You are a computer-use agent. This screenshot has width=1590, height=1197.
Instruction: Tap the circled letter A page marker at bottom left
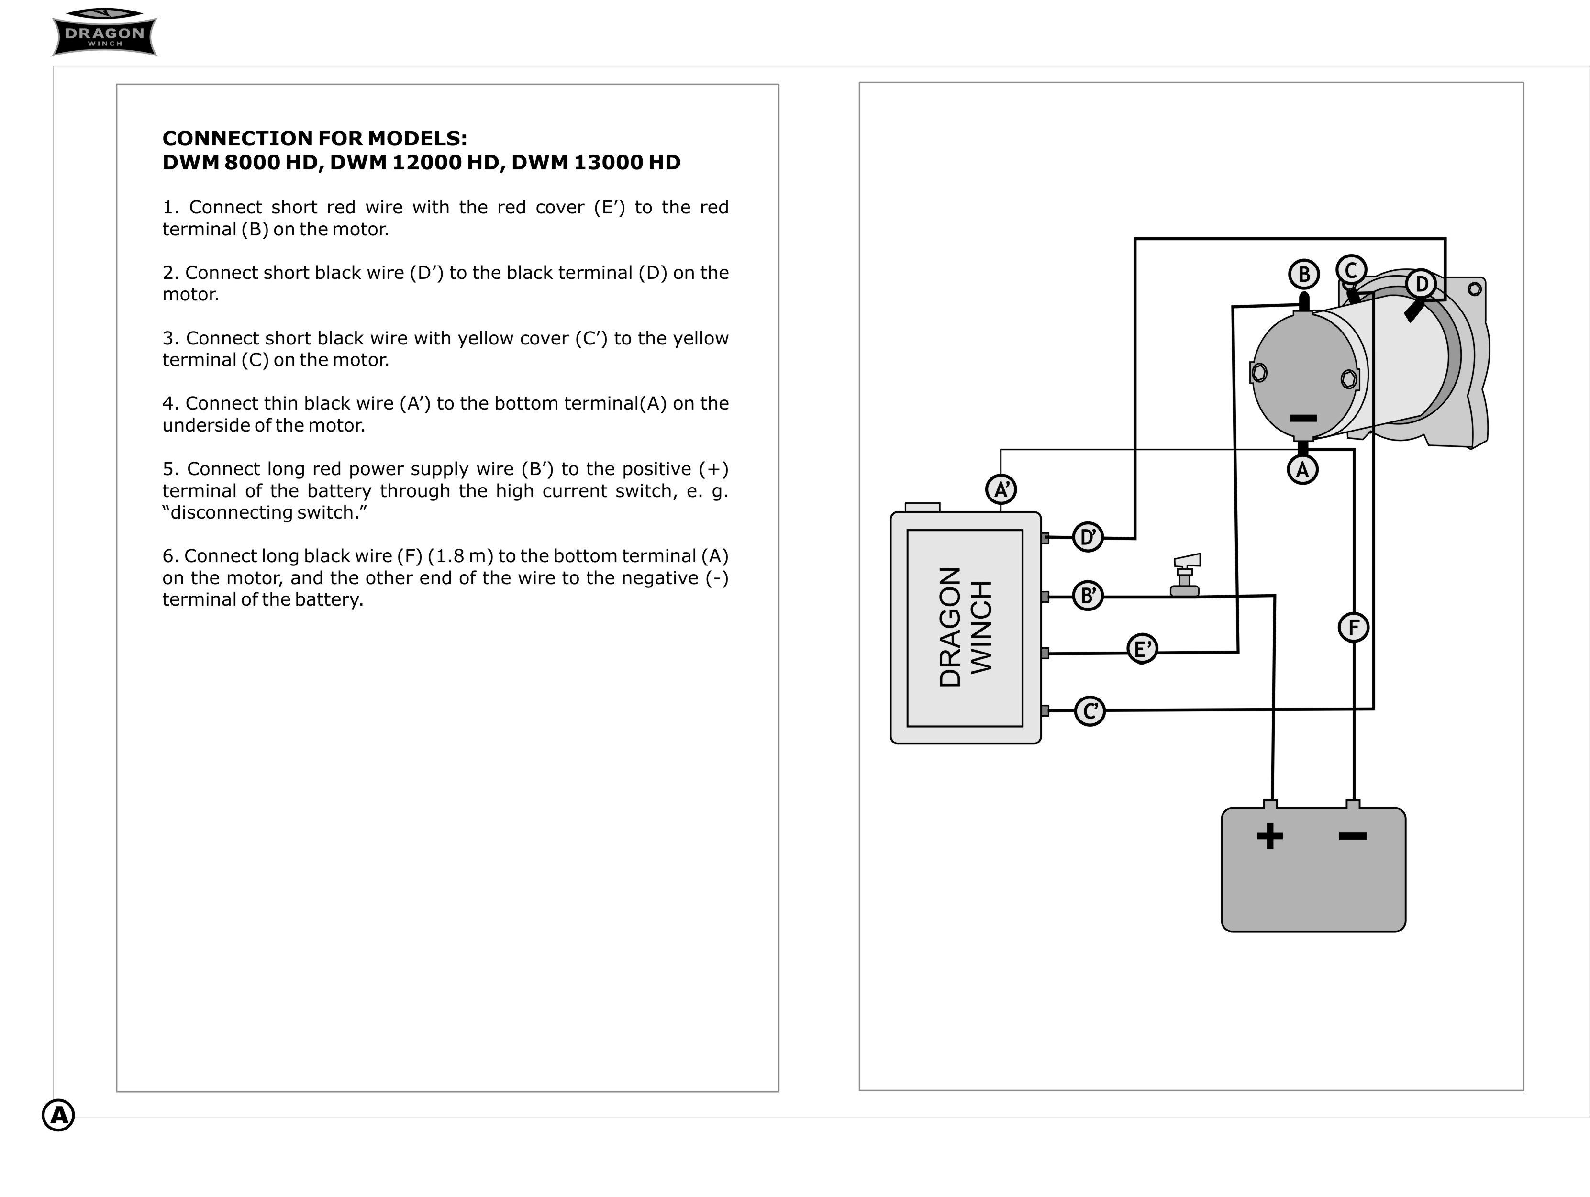58,1115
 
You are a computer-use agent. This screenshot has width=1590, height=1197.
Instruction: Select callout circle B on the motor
1304,274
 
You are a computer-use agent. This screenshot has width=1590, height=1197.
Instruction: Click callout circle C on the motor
1351,270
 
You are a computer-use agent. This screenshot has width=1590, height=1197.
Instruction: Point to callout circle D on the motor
1421,284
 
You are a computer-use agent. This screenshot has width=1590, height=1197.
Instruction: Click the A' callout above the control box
1001,489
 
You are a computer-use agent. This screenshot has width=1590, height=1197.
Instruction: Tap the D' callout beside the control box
1088,537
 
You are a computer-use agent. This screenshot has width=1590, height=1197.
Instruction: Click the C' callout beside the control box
1090,711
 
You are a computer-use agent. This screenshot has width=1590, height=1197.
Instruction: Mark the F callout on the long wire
1354,627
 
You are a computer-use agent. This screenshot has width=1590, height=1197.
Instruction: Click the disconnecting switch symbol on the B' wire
1185,575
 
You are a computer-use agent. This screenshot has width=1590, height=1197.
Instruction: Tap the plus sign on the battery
1270,835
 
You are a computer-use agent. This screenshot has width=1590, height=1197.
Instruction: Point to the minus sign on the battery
1353,835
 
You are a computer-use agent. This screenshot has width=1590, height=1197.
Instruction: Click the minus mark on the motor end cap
1303,418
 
